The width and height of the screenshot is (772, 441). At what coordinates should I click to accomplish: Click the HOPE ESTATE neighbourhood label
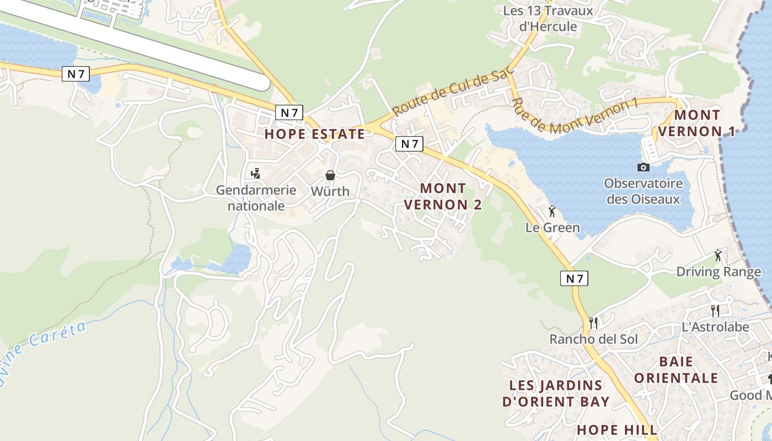tap(314, 134)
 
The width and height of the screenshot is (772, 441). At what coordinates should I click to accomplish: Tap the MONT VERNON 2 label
tap(443, 196)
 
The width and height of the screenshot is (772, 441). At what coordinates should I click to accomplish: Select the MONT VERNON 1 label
tap(697, 123)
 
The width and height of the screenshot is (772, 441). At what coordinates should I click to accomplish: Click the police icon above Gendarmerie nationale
tap(255, 174)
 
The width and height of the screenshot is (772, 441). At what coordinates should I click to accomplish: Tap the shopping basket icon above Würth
tap(330, 175)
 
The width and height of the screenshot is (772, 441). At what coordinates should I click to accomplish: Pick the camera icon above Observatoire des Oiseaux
tap(643, 167)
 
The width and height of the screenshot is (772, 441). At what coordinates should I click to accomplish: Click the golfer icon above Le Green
tap(552, 211)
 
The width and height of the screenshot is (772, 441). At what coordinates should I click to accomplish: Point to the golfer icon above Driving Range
tap(718, 255)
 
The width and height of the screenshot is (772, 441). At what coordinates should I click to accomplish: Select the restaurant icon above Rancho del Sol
tap(593, 322)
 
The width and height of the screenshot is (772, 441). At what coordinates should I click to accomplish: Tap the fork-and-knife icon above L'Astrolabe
tap(715, 310)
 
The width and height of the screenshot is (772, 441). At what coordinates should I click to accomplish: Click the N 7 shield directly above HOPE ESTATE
tap(289, 113)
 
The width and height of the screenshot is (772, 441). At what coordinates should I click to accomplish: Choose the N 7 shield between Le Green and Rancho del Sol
tap(574, 278)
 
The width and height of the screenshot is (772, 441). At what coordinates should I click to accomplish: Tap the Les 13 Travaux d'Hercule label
tap(548, 18)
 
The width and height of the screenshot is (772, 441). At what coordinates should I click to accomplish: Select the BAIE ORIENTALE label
tap(675, 370)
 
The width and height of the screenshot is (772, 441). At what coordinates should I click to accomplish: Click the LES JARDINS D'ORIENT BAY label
tap(556, 393)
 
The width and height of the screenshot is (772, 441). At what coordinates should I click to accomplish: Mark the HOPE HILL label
tap(617, 430)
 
